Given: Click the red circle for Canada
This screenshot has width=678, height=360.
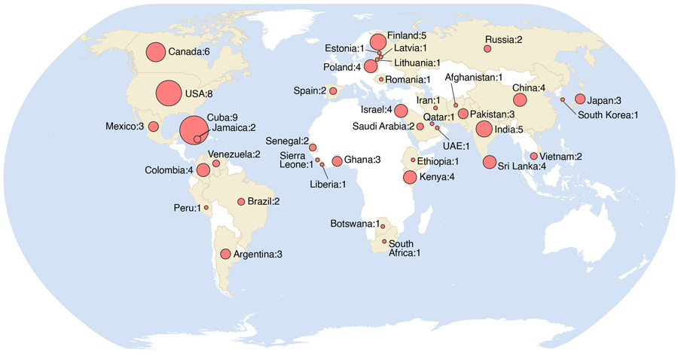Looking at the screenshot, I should click(155, 52).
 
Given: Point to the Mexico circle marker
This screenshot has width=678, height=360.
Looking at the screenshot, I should click(153, 126).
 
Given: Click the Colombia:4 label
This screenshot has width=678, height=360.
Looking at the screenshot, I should click(170, 170).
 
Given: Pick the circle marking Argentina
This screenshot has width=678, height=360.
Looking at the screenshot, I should click(225, 254).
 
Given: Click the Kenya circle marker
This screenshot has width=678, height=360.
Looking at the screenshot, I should click(410, 178).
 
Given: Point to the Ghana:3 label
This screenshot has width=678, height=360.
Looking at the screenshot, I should click(365, 160).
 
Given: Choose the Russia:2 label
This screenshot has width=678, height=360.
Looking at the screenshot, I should click(508, 39).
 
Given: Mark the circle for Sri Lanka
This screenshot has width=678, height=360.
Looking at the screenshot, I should click(490, 162).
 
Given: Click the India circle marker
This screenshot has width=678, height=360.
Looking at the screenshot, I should click(487, 129).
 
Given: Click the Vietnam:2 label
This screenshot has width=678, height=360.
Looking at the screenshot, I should click(561, 156).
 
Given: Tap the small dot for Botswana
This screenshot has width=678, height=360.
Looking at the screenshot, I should click(383, 226).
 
